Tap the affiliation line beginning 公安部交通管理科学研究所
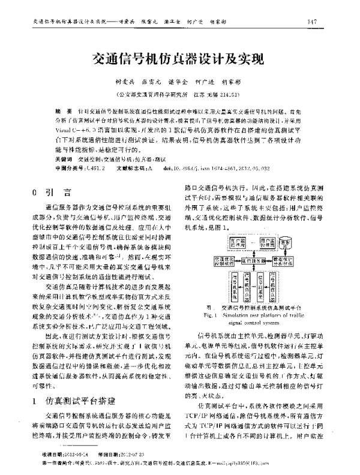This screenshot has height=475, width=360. tap(179, 95)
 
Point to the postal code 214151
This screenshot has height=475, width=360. tap(233, 95)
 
